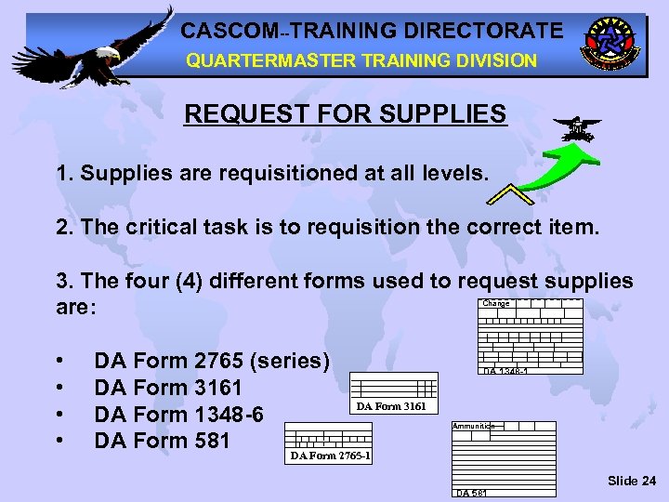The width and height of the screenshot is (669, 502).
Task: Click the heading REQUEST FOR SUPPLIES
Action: point(346,114)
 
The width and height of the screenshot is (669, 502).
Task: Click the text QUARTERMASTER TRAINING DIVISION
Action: point(361,60)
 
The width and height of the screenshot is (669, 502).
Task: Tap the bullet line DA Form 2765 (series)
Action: point(212,361)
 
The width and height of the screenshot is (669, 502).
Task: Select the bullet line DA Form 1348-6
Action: point(178,413)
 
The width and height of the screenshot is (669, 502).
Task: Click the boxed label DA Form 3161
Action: point(391,406)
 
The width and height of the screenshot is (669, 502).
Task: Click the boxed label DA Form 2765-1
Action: point(330,456)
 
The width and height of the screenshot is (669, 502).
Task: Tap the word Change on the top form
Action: point(496,303)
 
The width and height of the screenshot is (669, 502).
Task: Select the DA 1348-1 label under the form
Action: point(506,372)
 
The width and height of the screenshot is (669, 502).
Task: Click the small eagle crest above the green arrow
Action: point(576,127)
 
